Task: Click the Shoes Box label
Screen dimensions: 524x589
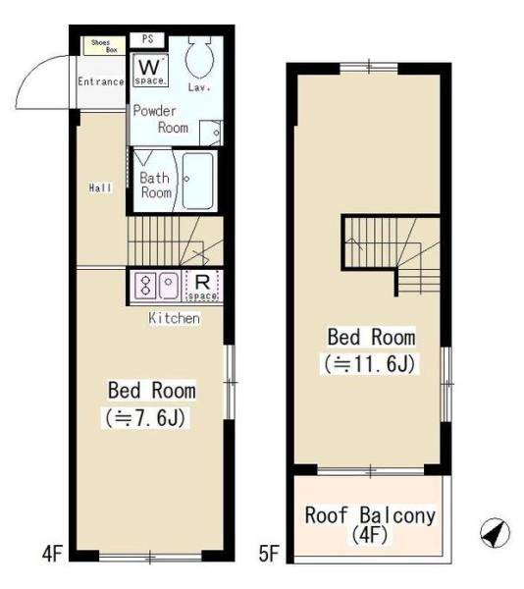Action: pyautogui.click(x=104, y=46)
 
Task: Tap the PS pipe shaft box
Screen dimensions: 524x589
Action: pyautogui.click(x=147, y=40)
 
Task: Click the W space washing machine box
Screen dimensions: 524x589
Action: pyautogui.click(x=150, y=71)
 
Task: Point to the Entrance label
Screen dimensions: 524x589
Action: pyautogui.click(x=101, y=81)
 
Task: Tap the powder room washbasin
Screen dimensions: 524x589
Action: pyautogui.click(x=211, y=133)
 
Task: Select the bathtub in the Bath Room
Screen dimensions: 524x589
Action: pyautogui.click(x=198, y=181)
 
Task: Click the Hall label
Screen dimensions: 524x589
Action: pyautogui.click(x=100, y=187)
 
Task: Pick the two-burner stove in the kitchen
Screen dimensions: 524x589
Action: pyautogui.click(x=146, y=286)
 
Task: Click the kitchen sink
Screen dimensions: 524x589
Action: pyautogui.click(x=169, y=286)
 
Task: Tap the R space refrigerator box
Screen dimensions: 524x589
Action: pyautogui.click(x=202, y=286)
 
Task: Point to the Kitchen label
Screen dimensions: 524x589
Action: pyautogui.click(x=174, y=318)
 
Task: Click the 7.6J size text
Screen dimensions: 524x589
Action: pyautogui.click(x=145, y=417)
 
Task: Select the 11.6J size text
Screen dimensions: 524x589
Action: pyautogui.click(x=370, y=363)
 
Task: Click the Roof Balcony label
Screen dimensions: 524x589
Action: pyautogui.click(x=370, y=515)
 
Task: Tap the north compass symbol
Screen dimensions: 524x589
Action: pyautogui.click(x=496, y=533)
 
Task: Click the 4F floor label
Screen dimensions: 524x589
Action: pyautogui.click(x=52, y=554)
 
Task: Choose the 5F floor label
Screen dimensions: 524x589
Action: pyautogui.click(x=269, y=554)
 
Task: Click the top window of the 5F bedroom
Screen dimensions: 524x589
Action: pyautogui.click(x=369, y=68)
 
